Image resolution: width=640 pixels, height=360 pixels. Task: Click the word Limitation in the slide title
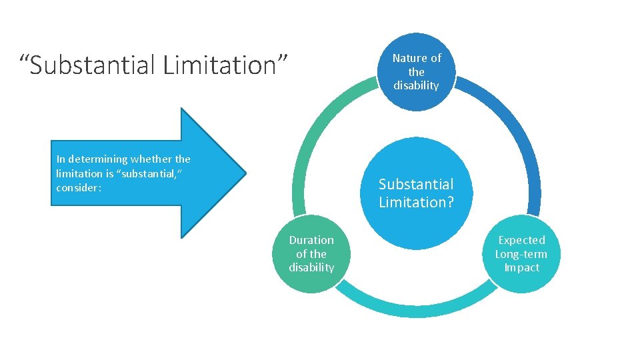pos(223,65)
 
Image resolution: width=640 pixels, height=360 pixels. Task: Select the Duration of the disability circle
pos(311,254)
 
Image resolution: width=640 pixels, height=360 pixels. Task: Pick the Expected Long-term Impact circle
pos(521,254)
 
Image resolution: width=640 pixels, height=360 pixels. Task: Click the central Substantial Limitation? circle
pos(416,193)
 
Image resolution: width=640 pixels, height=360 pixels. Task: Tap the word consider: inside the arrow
pos(79,188)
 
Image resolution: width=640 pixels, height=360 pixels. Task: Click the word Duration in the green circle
pos(311,240)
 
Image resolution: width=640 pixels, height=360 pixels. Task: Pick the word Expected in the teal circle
pos(521,240)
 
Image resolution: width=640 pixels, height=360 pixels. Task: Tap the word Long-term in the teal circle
pos(521,254)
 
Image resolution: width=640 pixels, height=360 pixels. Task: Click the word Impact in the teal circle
pos(521,268)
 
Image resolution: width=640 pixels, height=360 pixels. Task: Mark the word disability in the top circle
pos(416,86)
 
